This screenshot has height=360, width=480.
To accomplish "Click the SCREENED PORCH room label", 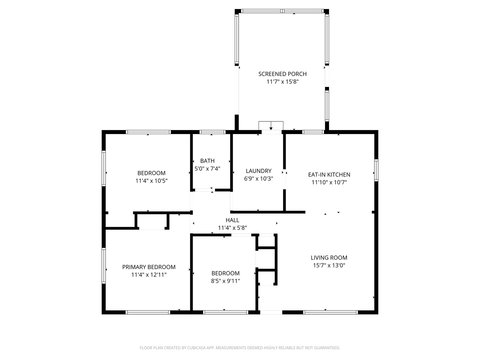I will pyautogui.click(x=282, y=74).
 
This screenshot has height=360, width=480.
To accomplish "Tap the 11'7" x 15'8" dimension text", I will pyautogui.click(x=282, y=82).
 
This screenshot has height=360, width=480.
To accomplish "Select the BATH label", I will pyautogui.click(x=207, y=161).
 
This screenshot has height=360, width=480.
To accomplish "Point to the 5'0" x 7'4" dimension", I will pyautogui.click(x=207, y=169).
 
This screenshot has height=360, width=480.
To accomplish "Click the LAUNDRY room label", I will pyautogui.click(x=258, y=171).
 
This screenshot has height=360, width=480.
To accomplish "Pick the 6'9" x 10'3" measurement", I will pyautogui.click(x=258, y=179).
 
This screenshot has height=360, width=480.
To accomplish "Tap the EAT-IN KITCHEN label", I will pyautogui.click(x=329, y=175).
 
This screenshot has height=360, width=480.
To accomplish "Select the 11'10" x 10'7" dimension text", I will pyautogui.click(x=329, y=182).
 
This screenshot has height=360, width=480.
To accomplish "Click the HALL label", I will pyautogui.click(x=232, y=220).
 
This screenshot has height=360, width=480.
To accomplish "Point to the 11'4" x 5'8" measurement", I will pyautogui.click(x=232, y=228).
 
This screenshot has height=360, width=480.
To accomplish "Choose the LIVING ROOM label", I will pyautogui.click(x=329, y=258).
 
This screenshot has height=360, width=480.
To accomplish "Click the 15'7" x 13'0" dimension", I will pyautogui.click(x=329, y=265).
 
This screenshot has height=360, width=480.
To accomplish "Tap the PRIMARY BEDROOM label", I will pyautogui.click(x=149, y=267).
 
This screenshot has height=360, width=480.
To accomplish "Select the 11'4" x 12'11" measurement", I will pyautogui.click(x=149, y=275).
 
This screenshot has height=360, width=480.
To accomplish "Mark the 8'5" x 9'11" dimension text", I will pyautogui.click(x=225, y=281).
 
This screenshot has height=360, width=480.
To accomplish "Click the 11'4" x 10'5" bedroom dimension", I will pyautogui.click(x=151, y=181).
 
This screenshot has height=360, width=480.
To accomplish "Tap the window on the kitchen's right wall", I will pyautogui.click(x=376, y=170).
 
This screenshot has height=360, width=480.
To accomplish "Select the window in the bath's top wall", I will pyautogui.click(x=212, y=132).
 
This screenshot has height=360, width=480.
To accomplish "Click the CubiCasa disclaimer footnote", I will pyautogui.click(x=240, y=348).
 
